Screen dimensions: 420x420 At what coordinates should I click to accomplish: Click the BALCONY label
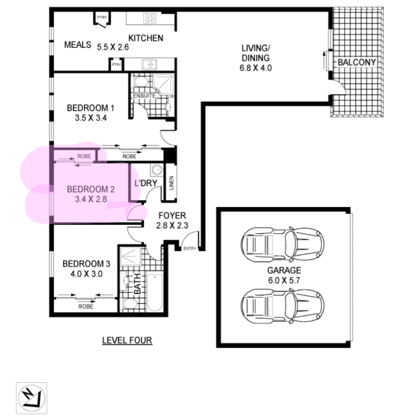pos(356,62)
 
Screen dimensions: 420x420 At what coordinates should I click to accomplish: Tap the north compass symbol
pos(32,398)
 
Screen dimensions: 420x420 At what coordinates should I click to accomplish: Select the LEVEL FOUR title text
pos(127,340)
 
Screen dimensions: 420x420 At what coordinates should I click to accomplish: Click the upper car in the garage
pos(283,245)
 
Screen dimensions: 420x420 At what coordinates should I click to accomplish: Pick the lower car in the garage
pos(283,306)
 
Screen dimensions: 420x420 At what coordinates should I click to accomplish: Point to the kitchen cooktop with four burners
pos(149,18)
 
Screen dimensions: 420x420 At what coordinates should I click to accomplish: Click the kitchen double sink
pos(149,65)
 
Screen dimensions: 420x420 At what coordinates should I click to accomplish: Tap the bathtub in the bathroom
pos(155,292)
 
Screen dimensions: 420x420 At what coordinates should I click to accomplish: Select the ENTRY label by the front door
pos(190,249)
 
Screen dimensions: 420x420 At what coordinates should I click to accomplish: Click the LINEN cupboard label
pos(172,183)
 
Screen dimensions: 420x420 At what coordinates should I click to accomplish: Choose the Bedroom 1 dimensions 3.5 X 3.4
pos(91,118)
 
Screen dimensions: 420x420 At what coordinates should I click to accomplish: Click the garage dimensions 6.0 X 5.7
pos(284,280)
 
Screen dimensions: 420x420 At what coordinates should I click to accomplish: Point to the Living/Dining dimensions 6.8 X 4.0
pos(256,68)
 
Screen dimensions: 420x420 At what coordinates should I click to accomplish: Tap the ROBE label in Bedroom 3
pos(86,306)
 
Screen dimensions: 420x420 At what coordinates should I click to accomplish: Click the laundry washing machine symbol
pos(157,170)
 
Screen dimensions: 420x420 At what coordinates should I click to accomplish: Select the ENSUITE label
pos(144,96)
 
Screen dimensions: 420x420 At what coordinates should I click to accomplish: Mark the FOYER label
pos(172,215)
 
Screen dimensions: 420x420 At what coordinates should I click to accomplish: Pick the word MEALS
pos(78,44)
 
